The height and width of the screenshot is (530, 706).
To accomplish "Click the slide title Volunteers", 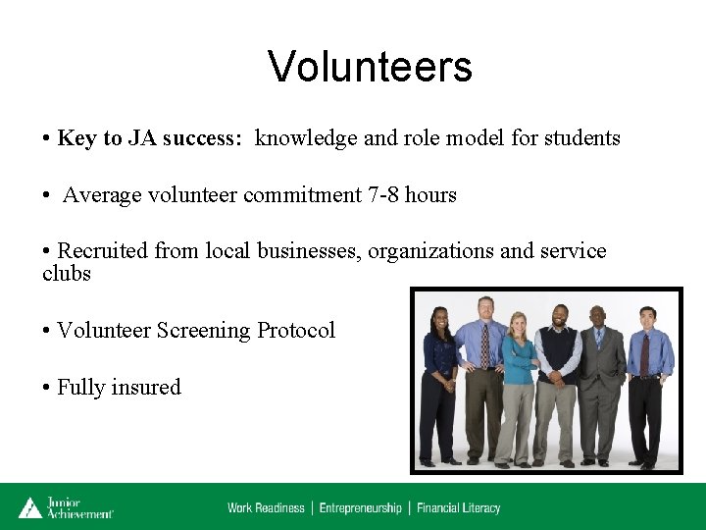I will [370, 67].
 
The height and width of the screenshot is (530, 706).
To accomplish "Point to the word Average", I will [102, 195].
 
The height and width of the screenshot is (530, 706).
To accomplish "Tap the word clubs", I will [67, 274].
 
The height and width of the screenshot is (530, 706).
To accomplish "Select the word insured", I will [145, 388].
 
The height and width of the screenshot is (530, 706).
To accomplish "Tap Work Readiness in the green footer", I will [266, 507].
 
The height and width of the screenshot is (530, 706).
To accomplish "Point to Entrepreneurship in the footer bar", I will [360, 507].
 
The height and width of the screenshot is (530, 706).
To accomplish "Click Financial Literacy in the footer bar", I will [458, 507].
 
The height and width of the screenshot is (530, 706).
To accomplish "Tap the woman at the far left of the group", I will [438, 383].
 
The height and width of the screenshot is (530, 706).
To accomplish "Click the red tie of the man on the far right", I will [644, 355].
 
